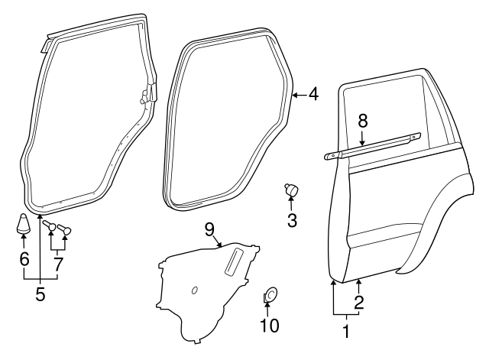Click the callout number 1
(x=346, y=332)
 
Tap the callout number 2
(x=359, y=301)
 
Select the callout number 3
(x=292, y=222)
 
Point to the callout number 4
(x=313, y=95)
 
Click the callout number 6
(x=24, y=260)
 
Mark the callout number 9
(x=209, y=228)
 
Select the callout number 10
(x=269, y=325)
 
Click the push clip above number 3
(x=291, y=189)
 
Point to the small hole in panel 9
(x=195, y=289)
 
